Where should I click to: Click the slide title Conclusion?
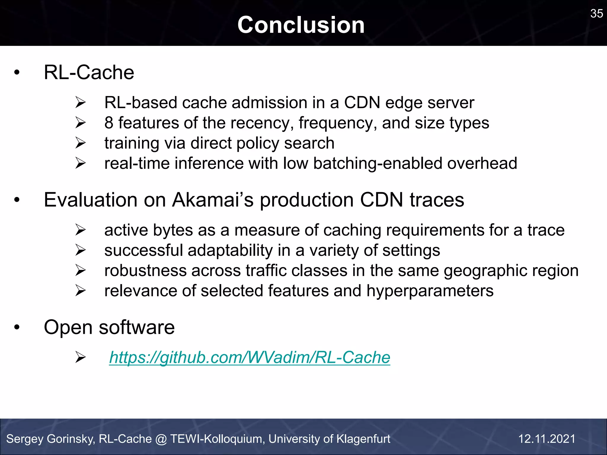(x=301, y=25)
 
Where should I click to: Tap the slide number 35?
(x=596, y=14)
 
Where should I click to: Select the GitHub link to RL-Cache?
(x=250, y=357)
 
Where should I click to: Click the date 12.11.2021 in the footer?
(x=547, y=439)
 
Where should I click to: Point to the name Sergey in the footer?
(x=25, y=439)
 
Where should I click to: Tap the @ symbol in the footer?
(x=161, y=439)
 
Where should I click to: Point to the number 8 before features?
(x=109, y=123)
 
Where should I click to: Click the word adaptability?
(x=230, y=250)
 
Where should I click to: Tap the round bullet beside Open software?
(x=17, y=327)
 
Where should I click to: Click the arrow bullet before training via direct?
(x=80, y=143)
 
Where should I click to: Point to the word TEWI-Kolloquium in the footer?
(x=217, y=439)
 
